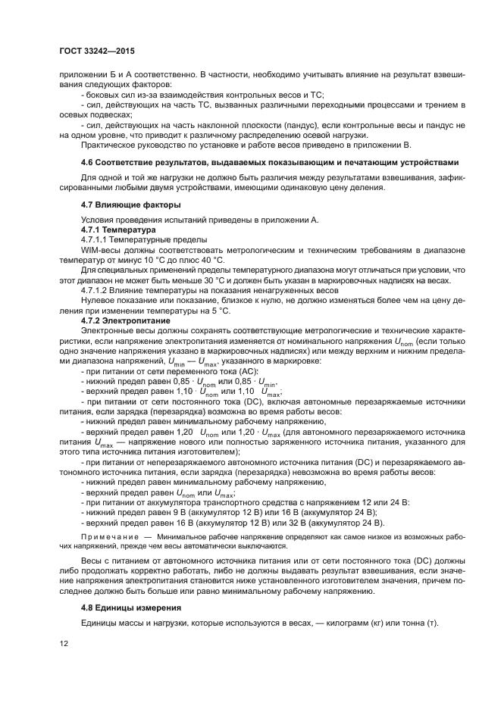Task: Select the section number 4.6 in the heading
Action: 89,162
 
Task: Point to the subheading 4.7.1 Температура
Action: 118,228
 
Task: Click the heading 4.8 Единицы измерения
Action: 131,607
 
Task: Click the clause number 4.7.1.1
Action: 95,238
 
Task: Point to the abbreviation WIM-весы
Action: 102,248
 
